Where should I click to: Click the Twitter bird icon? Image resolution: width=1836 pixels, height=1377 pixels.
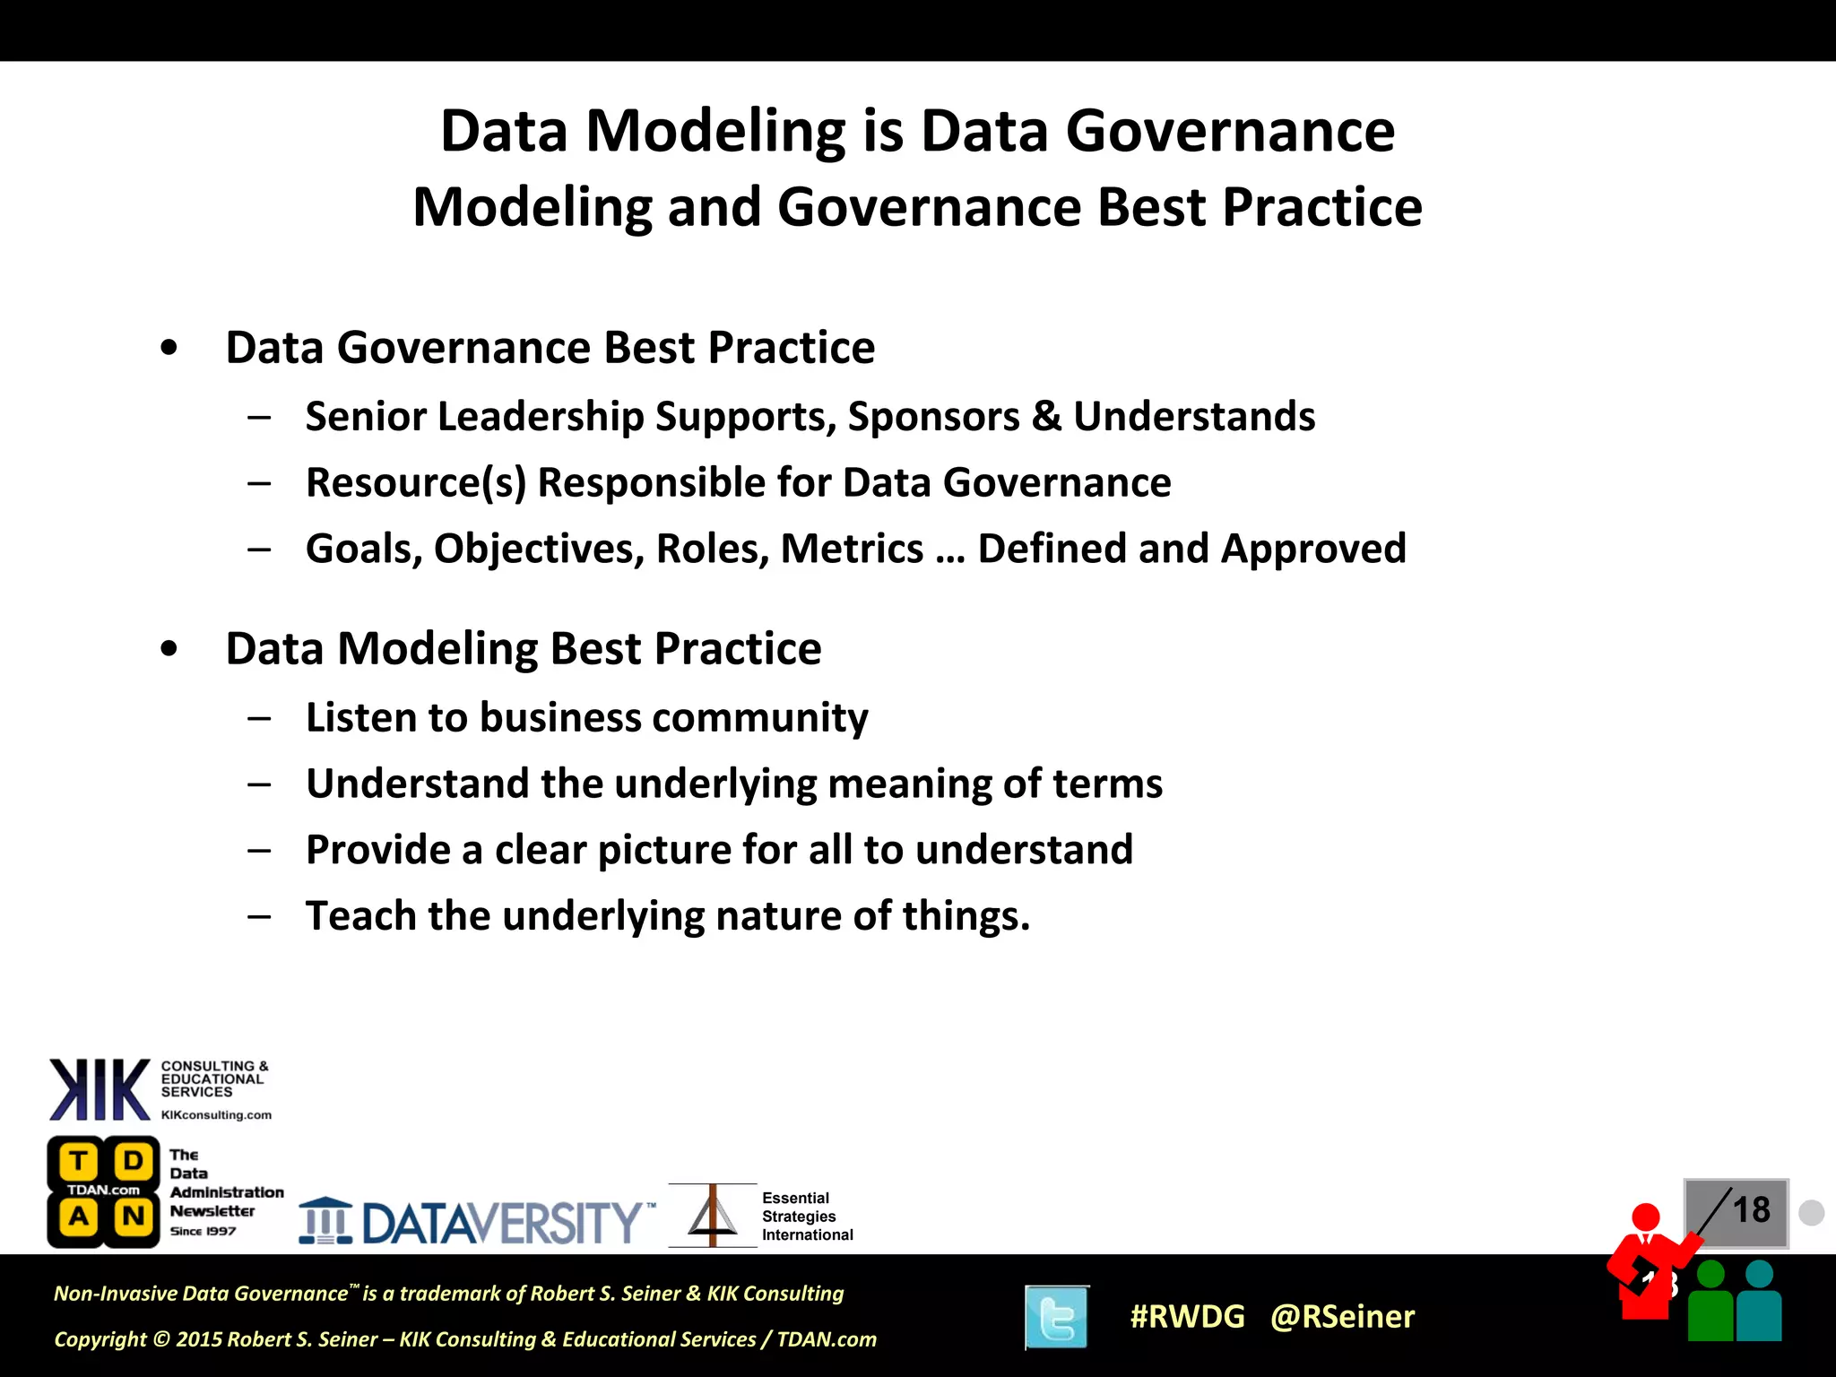pyautogui.click(x=1057, y=1317)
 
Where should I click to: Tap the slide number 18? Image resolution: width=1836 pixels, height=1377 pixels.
pyautogui.click(x=1751, y=1210)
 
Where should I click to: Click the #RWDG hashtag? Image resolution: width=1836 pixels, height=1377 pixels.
pyautogui.click(x=1187, y=1317)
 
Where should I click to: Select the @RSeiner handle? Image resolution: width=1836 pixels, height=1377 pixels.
pyautogui.click(x=1342, y=1317)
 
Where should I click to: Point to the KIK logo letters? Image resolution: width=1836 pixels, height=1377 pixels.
pyautogui.click(x=100, y=1089)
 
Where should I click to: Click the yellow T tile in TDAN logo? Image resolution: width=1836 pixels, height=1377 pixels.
pyautogui.click(x=78, y=1162)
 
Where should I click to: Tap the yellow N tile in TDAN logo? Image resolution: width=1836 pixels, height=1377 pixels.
pyautogui.click(x=134, y=1217)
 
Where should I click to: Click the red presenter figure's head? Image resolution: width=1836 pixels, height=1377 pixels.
pyautogui.click(x=1646, y=1217)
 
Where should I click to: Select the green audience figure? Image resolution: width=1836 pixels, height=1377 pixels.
pyautogui.click(x=1710, y=1304)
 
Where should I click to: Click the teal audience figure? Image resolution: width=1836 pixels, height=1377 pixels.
pyautogui.click(x=1759, y=1304)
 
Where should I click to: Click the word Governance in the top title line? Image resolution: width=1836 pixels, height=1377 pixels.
pyautogui.click(x=1230, y=132)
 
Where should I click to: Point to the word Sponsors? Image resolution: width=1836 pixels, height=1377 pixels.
pyautogui.click(x=933, y=417)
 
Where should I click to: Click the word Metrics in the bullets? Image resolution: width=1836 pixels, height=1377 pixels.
pyautogui.click(x=852, y=549)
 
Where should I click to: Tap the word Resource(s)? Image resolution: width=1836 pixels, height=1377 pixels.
pyautogui.click(x=415, y=483)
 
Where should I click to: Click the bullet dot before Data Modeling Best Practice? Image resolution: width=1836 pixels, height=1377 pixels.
pyautogui.click(x=169, y=649)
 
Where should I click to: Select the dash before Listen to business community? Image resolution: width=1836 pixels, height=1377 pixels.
pyautogui.click(x=260, y=718)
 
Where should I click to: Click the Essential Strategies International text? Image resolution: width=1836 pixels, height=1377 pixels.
pyautogui.click(x=806, y=1217)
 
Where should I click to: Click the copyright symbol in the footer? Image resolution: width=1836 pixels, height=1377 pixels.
pyautogui.click(x=161, y=1339)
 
